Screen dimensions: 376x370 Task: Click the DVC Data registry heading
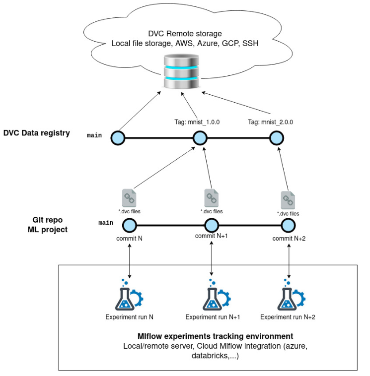(37, 133)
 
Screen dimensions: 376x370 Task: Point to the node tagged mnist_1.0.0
(199, 137)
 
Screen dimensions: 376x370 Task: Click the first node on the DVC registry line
(117, 137)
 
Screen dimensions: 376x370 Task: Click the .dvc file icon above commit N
(129, 197)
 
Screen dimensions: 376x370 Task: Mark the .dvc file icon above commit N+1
(212, 197)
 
